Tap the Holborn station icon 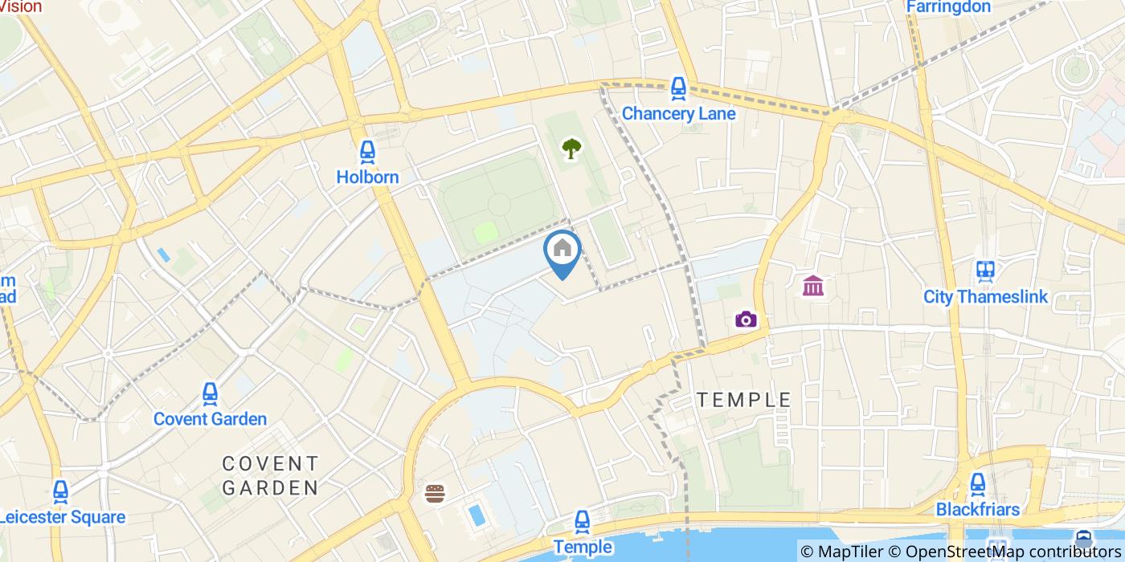coord(367,152)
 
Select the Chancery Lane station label coord(678,113)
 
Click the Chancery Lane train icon coord(678,88)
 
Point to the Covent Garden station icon coord(210,393)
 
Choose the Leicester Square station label coord(63,517)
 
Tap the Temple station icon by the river coord(583,523)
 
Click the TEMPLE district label coord(743,400)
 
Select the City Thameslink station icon coord(985,271)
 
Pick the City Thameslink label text coord(985,297)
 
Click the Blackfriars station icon coord(977,484)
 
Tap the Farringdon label coord(948,7)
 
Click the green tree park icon coord(571,148)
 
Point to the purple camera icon coord(746,320)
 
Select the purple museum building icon coord(812,285)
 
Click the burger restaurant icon coord(436,493)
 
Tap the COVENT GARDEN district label coord(270,475)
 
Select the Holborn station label coord(367,177)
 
